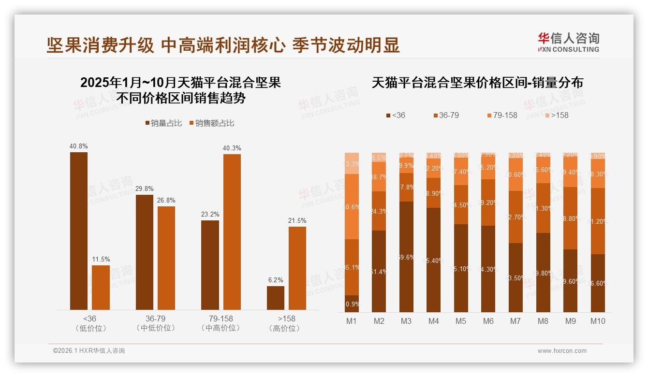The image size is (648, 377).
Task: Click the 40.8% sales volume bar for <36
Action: click(79, 231)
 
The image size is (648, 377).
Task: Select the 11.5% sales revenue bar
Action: click(101, 288)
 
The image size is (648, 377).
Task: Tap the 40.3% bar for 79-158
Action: click(232, 232)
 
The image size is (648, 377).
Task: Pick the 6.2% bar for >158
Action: click(276, 298)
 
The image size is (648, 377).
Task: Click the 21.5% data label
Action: click(297, 220)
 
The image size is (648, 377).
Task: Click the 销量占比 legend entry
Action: click(163, 123)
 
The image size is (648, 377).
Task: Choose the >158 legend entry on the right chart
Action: click(556, 115)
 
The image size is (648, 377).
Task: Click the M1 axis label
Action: click(352, 321)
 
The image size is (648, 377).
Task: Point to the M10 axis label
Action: click(598, 321)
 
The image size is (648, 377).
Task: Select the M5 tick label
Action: click(461, 321)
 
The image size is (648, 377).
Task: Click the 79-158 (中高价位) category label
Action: click(221, 323)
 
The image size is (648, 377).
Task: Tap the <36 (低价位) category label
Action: click(89, 323)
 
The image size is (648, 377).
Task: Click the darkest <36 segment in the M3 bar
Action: click(407, 257)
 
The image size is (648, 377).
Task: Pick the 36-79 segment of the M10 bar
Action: click(598, 221)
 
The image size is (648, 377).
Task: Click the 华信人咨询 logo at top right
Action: click(568, 42)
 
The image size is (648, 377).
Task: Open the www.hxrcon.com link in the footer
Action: click(562, 351)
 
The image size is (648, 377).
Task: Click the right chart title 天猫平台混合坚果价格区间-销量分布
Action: click(477, 83)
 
